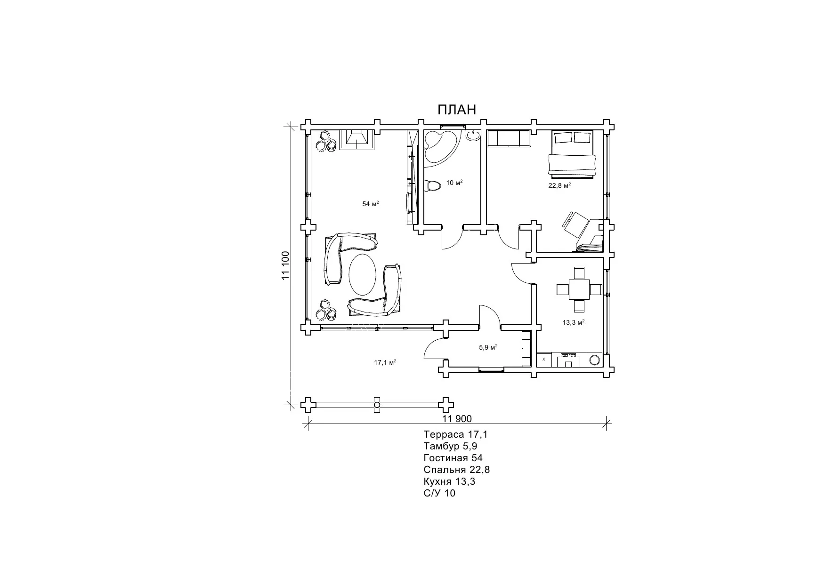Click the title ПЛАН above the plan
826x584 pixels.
tap(457, 110)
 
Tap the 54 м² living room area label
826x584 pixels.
tap(371, 204)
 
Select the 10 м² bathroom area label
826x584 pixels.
tap(454, 183)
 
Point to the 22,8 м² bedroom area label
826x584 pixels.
tap(559, 185)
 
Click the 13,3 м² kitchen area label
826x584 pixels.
tap(574, 322)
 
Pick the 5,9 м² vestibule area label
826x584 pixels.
tap(488, 347)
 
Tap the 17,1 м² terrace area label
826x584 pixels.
tap(385, 362)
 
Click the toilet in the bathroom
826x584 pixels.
tap(432, 185)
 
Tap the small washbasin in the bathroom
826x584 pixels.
tap(473, 135)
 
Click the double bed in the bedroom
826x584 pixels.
tap(572, 154)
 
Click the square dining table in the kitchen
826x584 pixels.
tap(579, 289)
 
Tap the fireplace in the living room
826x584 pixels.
tap(356, 139)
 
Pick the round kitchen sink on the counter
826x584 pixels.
tap(595, 360)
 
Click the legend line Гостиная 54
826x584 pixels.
tap(453, 458)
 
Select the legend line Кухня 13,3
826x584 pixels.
tap(450, 482)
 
